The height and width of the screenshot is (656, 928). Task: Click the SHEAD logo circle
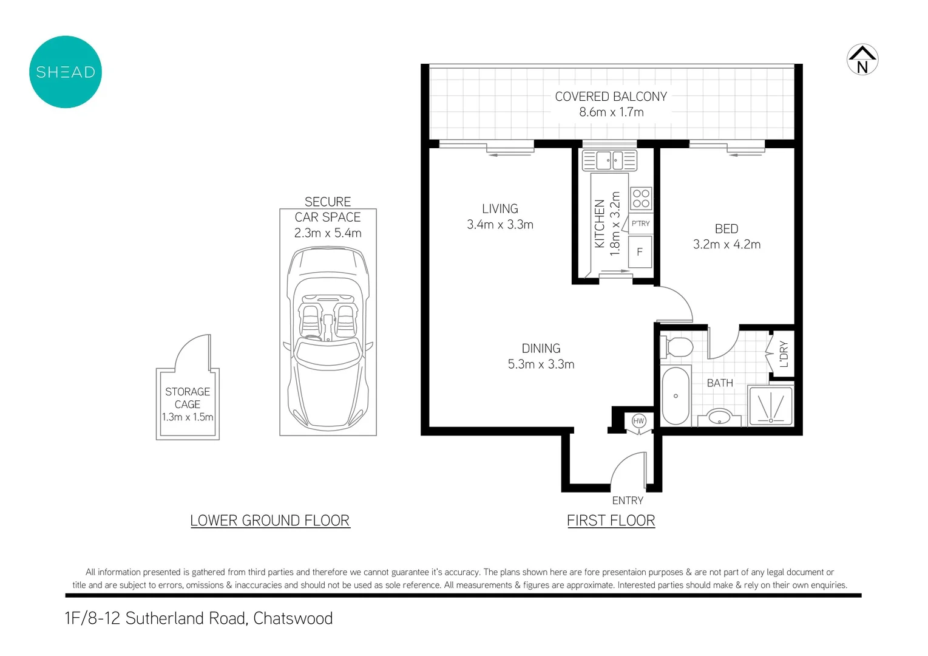click(66, 72)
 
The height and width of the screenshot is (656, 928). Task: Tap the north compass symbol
click(862, 60)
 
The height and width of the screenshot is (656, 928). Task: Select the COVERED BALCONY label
click(611, 97)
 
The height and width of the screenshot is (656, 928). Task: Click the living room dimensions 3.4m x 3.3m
click(500, 225)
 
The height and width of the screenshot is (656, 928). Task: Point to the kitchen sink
click(609, 161)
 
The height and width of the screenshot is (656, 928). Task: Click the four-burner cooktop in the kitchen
click(641, 199)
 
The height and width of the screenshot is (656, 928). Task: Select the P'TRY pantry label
click(640, 224)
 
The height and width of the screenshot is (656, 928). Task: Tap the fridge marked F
click(640, 251)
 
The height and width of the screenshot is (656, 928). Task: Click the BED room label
click(726, 229)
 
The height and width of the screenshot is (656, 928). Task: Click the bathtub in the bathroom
click(676, 396)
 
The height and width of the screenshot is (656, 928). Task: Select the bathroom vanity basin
click(720, 417)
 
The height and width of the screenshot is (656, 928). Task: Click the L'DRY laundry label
click(784, 354)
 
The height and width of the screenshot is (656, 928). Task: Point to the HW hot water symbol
click(638, 421)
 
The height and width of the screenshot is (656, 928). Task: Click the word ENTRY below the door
click(628, 501)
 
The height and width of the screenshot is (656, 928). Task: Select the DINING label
click(541, 349)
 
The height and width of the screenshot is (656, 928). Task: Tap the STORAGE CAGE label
click(188, 398)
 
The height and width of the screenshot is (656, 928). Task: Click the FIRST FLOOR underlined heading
click(611, 521)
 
